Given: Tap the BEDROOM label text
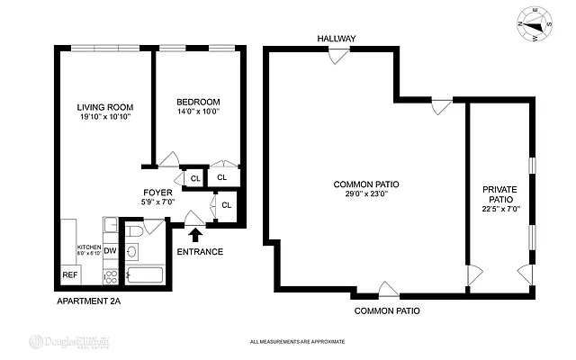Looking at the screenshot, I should pos(197,102).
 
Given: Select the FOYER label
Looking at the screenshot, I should pos(158,193).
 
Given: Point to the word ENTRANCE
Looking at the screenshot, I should pos(199,252).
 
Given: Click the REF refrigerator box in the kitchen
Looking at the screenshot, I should pos(69,275).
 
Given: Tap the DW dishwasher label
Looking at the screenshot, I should pos(110,251).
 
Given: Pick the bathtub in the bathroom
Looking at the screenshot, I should pos(144,275).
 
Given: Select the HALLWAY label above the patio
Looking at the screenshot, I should pos(336,39).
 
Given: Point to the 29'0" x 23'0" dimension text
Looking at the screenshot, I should pos(366,193).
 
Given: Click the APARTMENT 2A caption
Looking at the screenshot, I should pos(88,301).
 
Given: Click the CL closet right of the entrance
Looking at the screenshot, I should pos(226,205).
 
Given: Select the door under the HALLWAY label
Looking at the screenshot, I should pos(339,55).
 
